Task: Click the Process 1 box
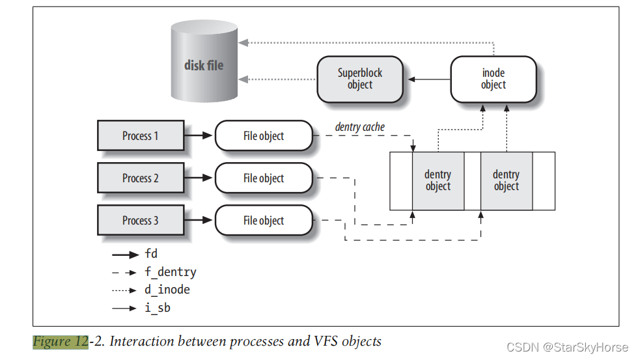pos(140,136)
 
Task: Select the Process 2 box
pos(140,178)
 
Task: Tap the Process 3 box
pos(140,221)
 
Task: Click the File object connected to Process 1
pos(264,136)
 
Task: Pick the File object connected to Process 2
pos(264,178)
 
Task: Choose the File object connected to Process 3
pos(264,221)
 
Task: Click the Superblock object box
pos(359,79)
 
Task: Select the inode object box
pos(493,79)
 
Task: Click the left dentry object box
pos(437,180)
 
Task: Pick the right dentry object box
pos(506,180)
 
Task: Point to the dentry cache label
pos(360,127)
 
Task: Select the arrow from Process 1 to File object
pos(199,136)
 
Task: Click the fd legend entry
pos(151,254)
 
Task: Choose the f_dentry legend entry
pos(170,272)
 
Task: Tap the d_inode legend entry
pos(167,290)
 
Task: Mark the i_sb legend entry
pos(157,307)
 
